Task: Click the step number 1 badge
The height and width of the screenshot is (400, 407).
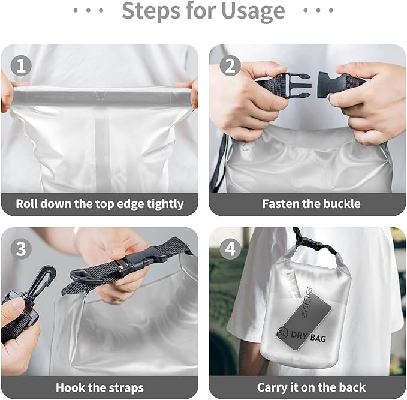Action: pyautogui.click(x=21, y=65)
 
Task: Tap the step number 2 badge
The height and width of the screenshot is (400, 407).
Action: pyautogui.click(x=230, y=65)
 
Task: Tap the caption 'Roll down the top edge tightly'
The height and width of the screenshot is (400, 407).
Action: pyautogui.click(x=100, y=204)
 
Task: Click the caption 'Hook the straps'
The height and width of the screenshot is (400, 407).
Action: pyautogui.click(x=100, y=387)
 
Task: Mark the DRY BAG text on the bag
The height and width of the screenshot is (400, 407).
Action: pyautogui.click(x=309, y=339)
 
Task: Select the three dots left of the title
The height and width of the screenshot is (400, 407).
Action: pyautogui.click(x=88, y=11)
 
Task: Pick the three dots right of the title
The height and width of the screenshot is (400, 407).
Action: pyautogui.click(x=318, y=11)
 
